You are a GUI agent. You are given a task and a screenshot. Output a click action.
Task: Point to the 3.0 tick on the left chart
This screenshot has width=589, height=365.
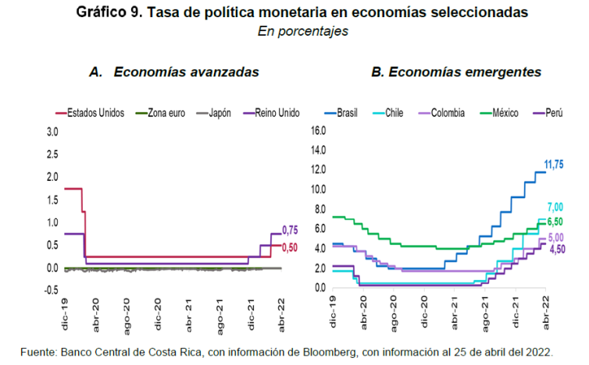click(x=52, y=133)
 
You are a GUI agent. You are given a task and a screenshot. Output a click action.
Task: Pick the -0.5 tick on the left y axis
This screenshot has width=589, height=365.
click(x=51, y=290)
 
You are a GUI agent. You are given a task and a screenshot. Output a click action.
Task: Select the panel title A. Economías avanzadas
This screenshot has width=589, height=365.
click(x=174, y=71)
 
